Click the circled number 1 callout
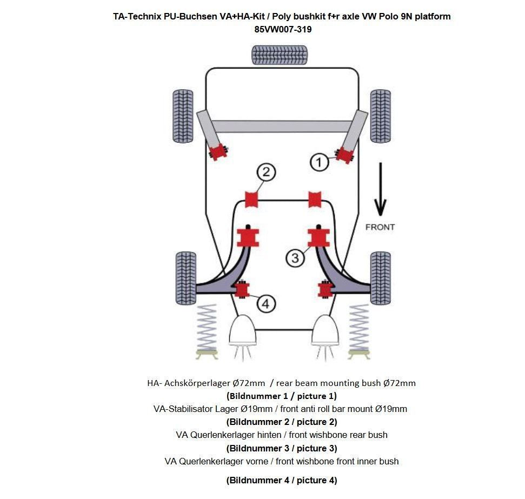click(x=319, y=162)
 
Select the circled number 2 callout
click(x=265, y=172)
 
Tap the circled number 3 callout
click(x=295, y=257)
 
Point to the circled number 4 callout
click(x=265, y=304)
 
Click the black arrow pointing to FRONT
click(x=380, y=189)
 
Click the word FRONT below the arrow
click(x=380, y=227)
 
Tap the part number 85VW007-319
click(x=283, y=30)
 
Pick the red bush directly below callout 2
click(x=252, y=198)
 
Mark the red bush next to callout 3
click(x=318, y=237)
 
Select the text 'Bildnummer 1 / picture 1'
click(x=282, y=396)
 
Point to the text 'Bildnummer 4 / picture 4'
click(x=282, y=480)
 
